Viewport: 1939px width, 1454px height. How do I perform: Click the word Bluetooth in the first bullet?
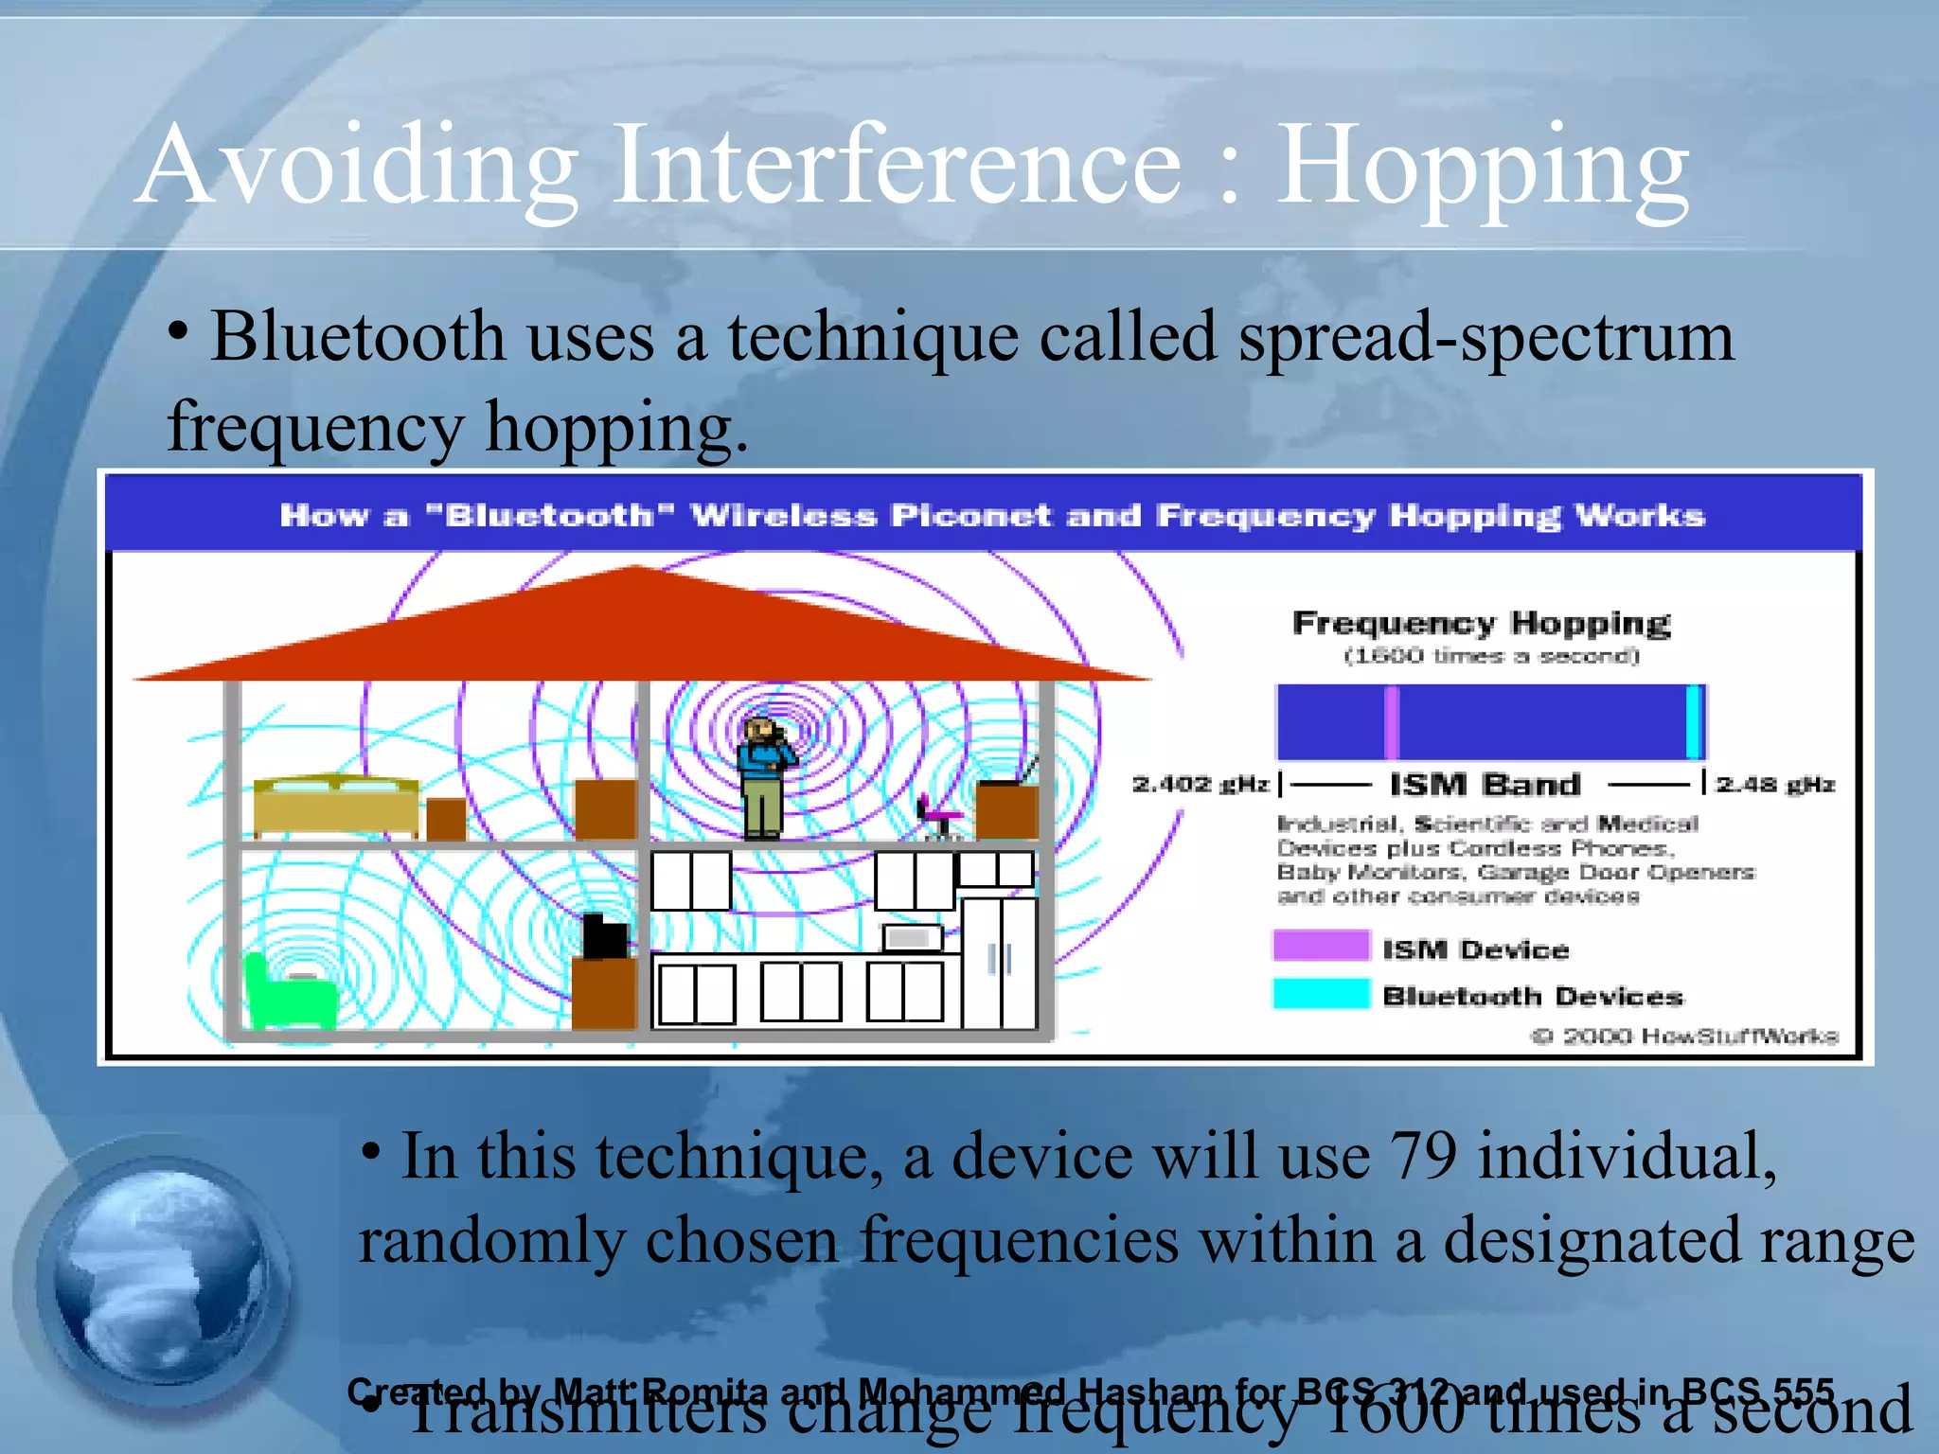pyautogui.click(x=357, y=338)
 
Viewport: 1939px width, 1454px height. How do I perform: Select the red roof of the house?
pyautogui.click(x=636, y=629)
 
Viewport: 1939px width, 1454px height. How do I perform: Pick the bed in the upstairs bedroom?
pyautogui.click(x=336, y=807)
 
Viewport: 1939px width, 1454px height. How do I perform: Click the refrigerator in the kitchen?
pyautogui.click(x=999, y=961)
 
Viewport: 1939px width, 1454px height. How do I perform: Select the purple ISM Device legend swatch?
pyautogui.click(x=1321, y=946)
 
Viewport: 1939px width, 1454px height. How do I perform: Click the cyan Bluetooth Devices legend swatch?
pyautogui.click(x=1321, y=994)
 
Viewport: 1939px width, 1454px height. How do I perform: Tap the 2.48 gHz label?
pyautogui.click(x=1775, y=785)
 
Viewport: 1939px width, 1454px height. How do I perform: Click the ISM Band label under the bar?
pyautogui.click(x=1485, y=785)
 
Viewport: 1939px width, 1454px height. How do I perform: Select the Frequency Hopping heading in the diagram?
pyautogui.click(x=1482, y=624)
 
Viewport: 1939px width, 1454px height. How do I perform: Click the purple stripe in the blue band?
pyautogui.click(x=1392, y=722)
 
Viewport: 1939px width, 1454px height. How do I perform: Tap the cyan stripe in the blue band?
pyautogui.click(x=1694, y=722)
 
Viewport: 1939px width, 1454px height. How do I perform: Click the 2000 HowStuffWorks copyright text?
pyautogui.click(x=1685, y=1036)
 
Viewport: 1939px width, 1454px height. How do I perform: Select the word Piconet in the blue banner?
pyautogui.click(x=970, y=516)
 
